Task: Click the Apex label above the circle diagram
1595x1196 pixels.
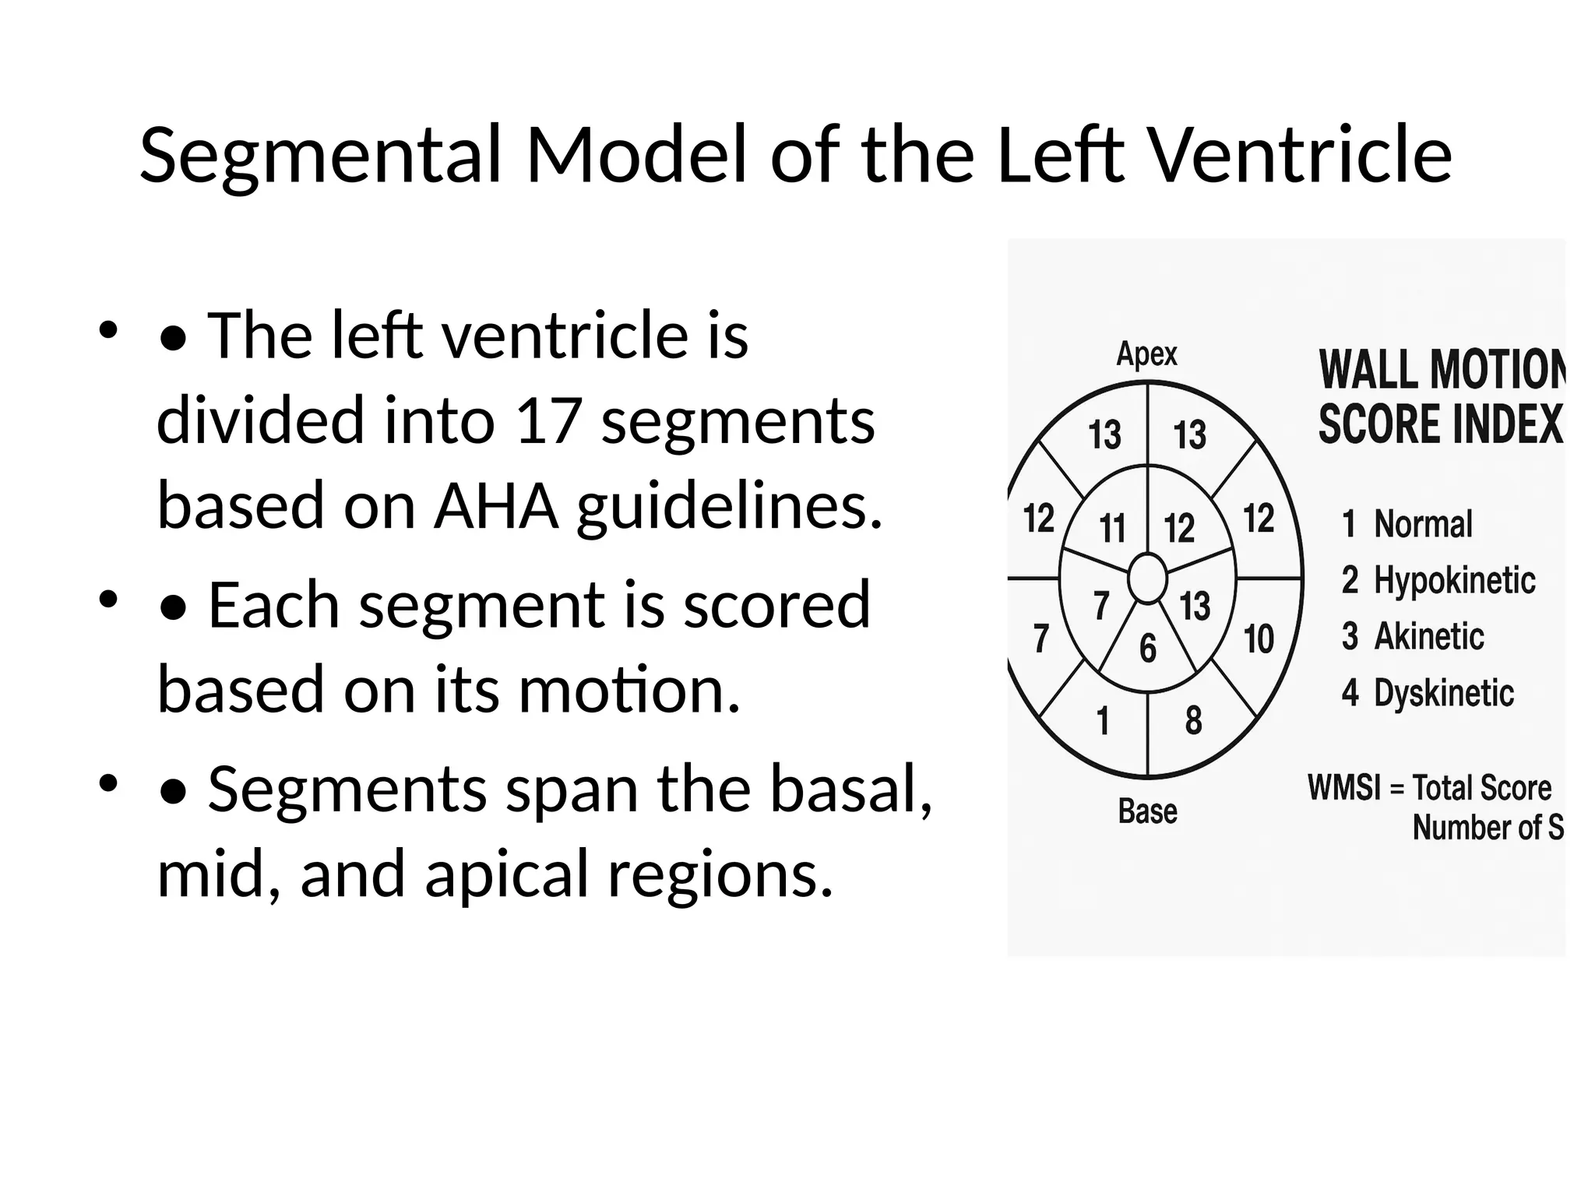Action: point(1146,354)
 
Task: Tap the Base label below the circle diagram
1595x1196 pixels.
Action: point(1147,811)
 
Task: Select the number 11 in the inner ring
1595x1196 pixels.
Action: point(1112,529)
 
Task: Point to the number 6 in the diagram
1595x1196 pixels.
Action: point(1148,649)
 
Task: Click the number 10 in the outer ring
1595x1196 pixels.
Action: point(1259,639)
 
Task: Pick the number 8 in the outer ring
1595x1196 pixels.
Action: point(1193,720)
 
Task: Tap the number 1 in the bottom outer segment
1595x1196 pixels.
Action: point(1103,721)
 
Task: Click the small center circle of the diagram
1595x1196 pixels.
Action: point(1148,579)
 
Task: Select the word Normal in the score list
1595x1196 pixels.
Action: point(1423,524)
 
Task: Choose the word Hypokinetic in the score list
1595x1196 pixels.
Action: point(1454,580)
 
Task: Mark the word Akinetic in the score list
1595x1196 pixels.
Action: point(1428,636)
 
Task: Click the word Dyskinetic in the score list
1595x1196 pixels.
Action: point(1443,693)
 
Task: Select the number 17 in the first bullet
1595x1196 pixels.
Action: point(548,420)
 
